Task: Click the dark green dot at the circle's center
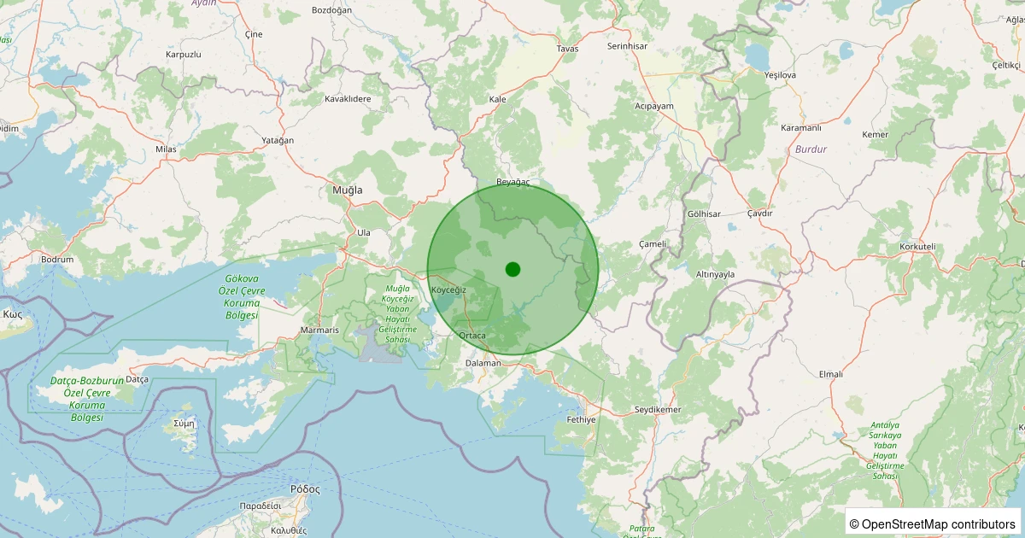coord(512,269)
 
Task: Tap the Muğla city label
coord(348,190)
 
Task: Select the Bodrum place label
coord(57,260)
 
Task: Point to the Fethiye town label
coord(581,419)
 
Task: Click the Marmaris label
coord(320,330)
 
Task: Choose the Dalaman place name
coord(483,363)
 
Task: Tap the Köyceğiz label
coord(448,290)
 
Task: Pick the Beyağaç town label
coord(513,183)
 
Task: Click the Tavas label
coord(567,49)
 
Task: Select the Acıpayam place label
coord(654,107)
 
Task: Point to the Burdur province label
coord(811,149)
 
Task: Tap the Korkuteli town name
coord(918,247)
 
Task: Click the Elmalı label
coord(830,374)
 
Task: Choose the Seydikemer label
coord(658,410)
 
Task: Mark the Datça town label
coord(137,378)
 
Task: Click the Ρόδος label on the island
coord(305,489)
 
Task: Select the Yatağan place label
coord(278,140)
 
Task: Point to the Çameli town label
coord(653,244)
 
